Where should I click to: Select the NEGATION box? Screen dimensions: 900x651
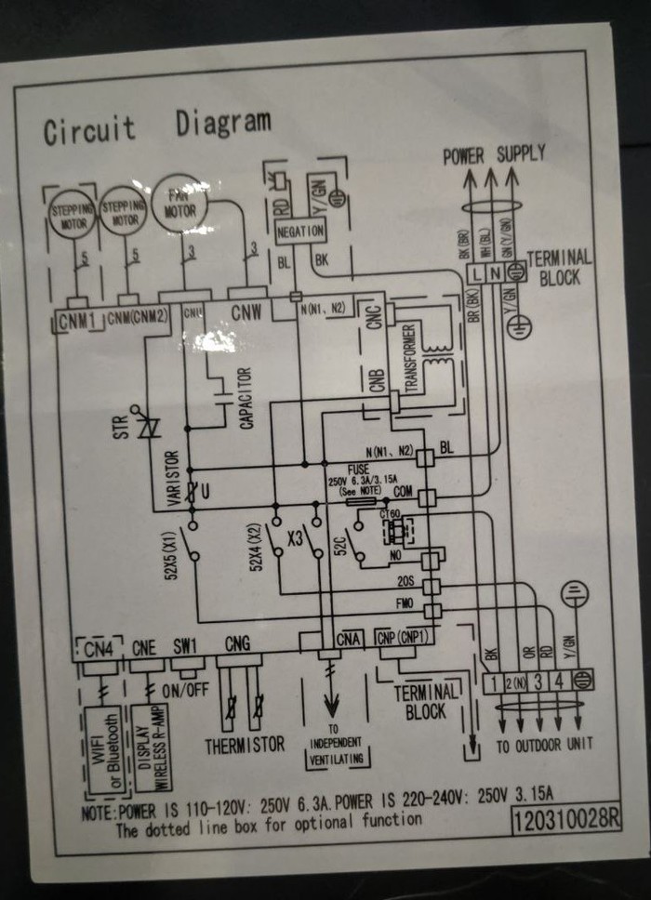[299, 230]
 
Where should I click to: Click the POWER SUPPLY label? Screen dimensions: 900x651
[494, 154]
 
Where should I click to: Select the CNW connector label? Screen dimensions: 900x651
[246, 311]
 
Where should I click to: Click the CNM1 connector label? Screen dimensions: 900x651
[77, 321]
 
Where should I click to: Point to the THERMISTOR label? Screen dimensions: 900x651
[245, 745]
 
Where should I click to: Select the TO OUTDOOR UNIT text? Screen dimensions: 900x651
[544, 745]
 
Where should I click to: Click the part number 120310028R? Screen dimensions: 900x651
[565, 818]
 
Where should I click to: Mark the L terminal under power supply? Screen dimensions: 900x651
[477, 273]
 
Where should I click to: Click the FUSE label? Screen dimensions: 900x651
[359, 470]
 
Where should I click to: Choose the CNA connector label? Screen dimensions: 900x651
[349, 641]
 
